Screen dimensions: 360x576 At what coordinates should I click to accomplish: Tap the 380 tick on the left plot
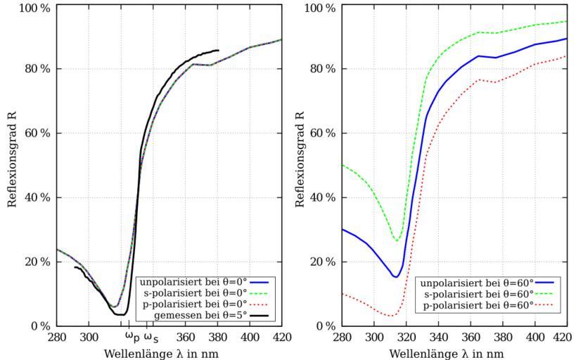[x=218, y=337]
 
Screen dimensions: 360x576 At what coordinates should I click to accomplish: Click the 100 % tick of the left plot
[x=35, y=8]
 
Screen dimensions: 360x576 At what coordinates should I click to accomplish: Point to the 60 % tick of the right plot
[x=322, y=133]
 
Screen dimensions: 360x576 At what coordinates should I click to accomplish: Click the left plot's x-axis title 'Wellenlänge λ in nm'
[x=169, y=353]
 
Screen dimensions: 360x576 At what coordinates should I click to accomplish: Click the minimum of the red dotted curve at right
[x=391, y=316]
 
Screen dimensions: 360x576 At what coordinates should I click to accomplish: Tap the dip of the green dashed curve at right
[x=397, y=241]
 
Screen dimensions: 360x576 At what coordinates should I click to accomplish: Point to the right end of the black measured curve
[x=219, y=50]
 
